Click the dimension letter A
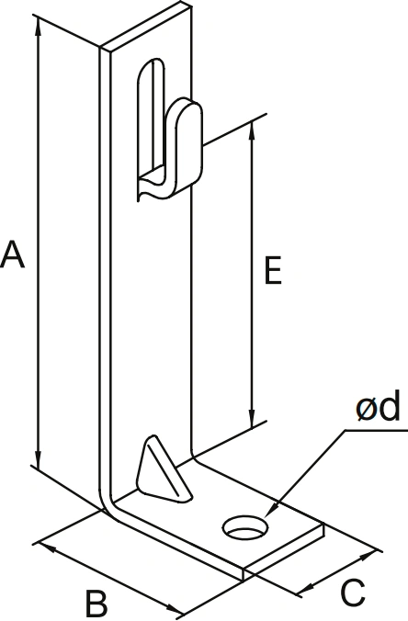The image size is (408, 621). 12,254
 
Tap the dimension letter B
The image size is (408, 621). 96,604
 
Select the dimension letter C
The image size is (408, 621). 352,593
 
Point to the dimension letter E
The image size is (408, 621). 273,270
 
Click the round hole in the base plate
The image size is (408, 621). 245,527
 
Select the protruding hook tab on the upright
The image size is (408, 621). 184,149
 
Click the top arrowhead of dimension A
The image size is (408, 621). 38,25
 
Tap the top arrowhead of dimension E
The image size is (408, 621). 252,131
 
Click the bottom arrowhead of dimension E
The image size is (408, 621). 252,419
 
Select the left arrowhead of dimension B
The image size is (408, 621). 46,548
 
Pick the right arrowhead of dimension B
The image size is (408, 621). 175,608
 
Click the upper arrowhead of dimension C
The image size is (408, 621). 368,556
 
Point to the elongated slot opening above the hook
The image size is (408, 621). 151,119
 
